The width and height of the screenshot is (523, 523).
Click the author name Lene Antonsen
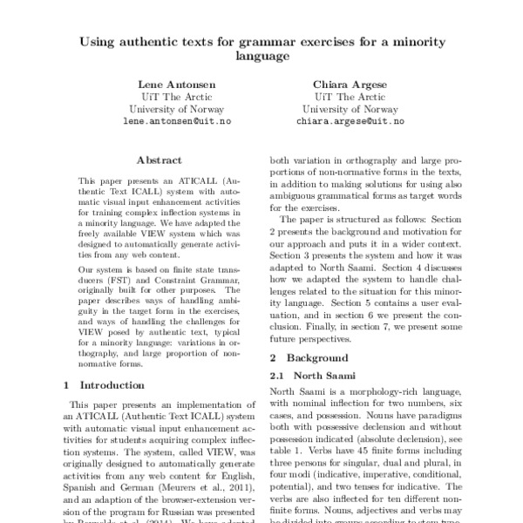point(172,84)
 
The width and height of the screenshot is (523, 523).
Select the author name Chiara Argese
point(350,84)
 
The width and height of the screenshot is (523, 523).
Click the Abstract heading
point(159,160)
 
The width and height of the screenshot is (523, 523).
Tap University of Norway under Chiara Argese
point(350,110)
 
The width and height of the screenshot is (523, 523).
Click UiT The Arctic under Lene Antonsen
point(172,97)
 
